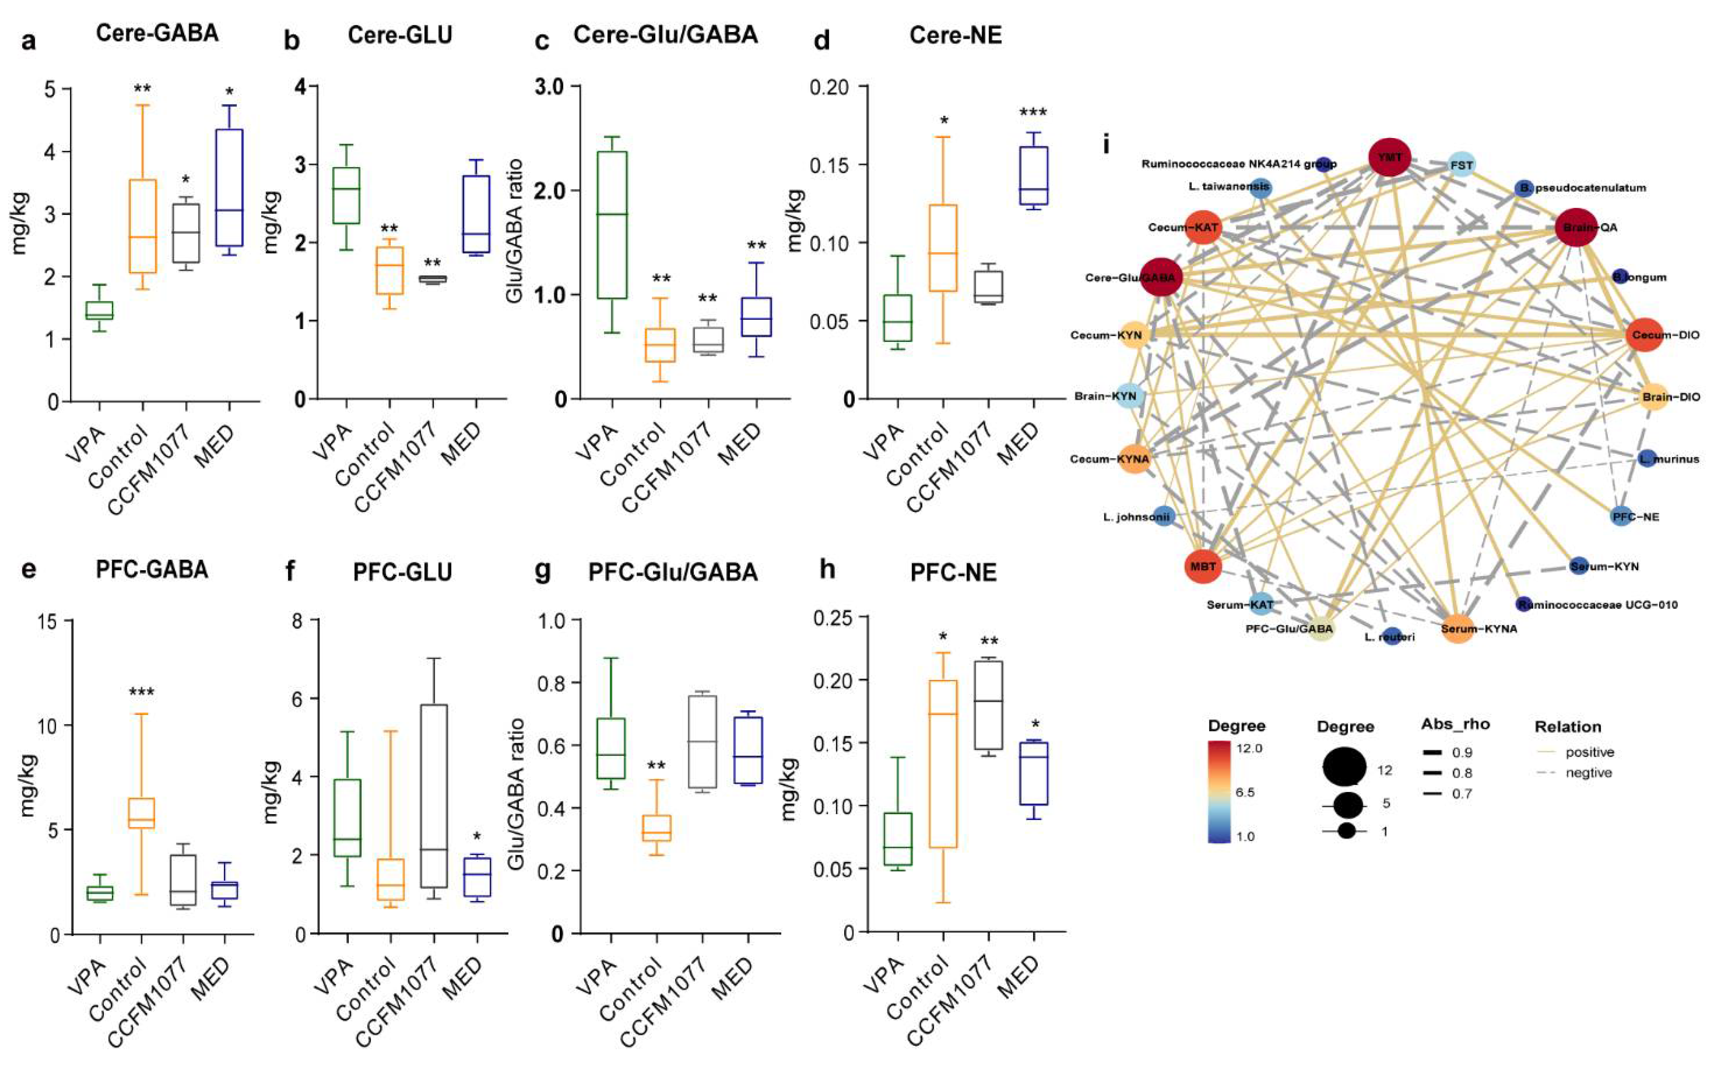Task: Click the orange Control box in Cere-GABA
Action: (143, 226)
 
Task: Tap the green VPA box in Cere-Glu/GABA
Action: (612, 225)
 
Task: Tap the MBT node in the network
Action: (1203, 566)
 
